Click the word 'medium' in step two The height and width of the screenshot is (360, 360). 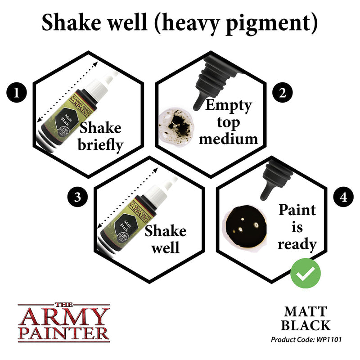tap(229, 138)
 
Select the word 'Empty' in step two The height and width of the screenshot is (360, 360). tap(229, 106)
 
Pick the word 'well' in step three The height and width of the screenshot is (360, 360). tap(165, 247)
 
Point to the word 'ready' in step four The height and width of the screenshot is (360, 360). tap(297, 244)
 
